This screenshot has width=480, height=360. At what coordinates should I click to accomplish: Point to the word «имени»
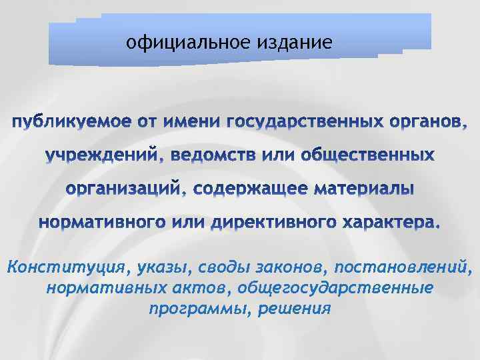[188, 123]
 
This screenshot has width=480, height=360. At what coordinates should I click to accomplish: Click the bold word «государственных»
[305, 123]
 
